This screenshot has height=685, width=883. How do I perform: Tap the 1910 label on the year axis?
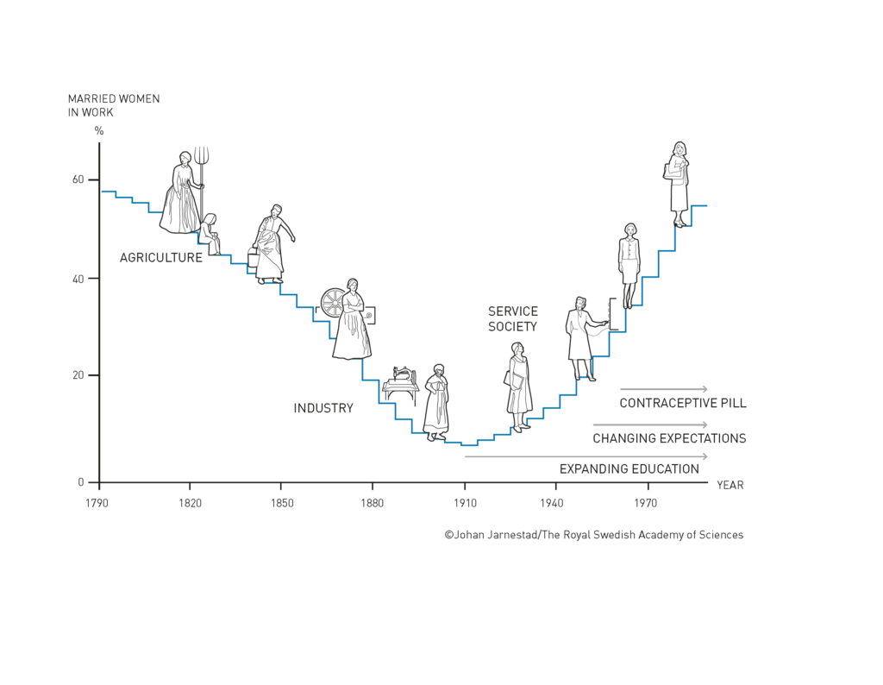465,500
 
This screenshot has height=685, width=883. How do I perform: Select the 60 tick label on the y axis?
78,179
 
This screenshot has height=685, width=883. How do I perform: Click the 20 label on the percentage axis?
78,375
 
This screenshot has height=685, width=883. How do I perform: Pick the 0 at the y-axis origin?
82,482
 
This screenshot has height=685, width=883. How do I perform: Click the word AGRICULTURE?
161,257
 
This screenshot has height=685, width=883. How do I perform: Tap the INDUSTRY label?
323,408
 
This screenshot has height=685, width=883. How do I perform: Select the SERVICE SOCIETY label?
512,319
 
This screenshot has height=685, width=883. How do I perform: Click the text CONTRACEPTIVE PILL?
683,403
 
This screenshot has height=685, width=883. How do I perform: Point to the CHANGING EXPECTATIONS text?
669,438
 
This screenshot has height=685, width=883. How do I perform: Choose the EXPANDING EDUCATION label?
629,469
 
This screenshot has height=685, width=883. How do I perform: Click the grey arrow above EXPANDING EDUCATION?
586,456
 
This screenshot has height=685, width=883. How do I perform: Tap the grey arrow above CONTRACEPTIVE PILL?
663,389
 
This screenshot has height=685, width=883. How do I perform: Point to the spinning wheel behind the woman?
332,302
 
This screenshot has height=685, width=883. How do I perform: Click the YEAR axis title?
730,485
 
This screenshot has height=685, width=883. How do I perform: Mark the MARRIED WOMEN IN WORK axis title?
114,105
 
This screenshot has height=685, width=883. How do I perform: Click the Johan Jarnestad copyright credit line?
593,535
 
